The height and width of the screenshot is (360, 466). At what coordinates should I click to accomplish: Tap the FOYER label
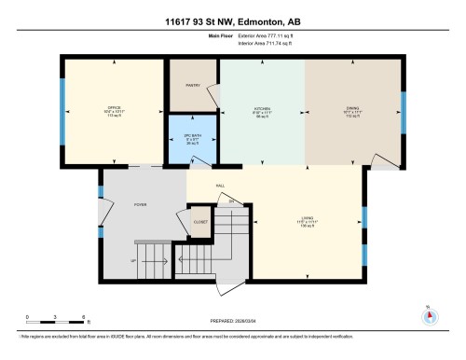(141, 203)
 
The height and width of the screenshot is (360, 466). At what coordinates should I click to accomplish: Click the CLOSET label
(200, 222)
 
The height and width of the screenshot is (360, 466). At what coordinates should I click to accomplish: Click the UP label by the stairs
(133, 259)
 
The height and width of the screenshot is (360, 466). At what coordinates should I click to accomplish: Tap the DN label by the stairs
(232, 201)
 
